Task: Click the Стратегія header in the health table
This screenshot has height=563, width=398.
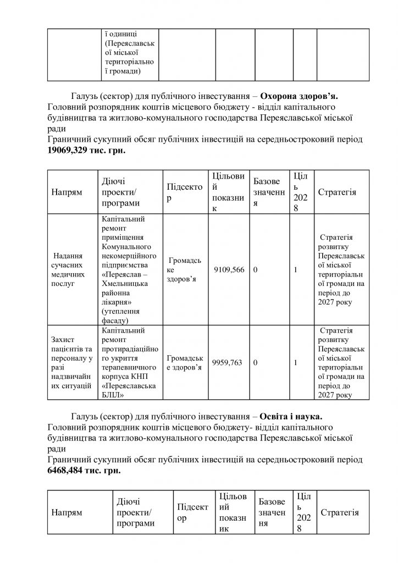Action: pos(337,192)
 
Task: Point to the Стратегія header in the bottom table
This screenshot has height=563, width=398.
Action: pos(340,512)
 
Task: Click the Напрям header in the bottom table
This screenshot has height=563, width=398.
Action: pos(67,512)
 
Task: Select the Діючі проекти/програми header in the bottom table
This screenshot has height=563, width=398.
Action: pos(134,512)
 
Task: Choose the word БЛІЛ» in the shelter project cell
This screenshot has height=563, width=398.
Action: pos(113,394)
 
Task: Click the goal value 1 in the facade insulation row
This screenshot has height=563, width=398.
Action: pos(296,270)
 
